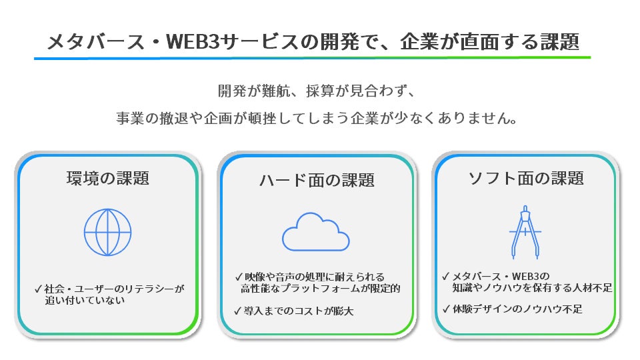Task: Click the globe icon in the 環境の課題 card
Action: [x=107, y=233]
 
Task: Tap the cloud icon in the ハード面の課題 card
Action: [x=316, y=231]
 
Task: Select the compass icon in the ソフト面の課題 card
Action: [x=525, y=231]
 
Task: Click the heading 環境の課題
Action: [x=107, y=178]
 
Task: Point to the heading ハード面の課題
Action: [x=317, y=180]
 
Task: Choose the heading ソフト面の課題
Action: [x=526, y=178]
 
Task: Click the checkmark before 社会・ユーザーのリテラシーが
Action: [x=38, y=289]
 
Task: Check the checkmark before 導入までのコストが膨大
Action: [x=239, y=310]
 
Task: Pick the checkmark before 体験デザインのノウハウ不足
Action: [x=446, y=309]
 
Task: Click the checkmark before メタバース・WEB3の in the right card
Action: [x=446, y=276]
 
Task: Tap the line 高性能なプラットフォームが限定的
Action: [x=320, y=289]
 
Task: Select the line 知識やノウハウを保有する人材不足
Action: [x=532, y=288]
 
